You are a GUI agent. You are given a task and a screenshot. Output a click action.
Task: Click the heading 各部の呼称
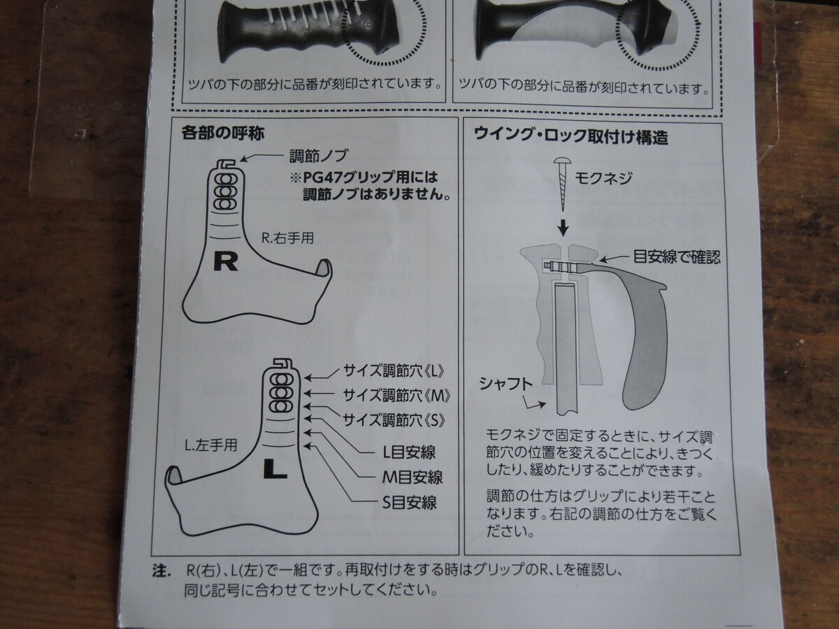point(222,133)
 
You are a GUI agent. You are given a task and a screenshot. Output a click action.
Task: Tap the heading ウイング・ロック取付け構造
point(571,136)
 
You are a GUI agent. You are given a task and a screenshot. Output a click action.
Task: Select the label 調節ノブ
point(319,155)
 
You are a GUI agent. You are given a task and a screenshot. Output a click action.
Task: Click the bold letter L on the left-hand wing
point(275,468)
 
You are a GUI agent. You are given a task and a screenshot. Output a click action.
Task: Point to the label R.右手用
point(287,238)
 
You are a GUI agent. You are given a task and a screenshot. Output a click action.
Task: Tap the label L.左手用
point(210,445)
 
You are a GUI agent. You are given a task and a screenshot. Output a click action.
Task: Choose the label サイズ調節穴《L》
point(394,371)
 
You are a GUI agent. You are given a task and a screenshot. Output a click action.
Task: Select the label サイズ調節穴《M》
point(396,396)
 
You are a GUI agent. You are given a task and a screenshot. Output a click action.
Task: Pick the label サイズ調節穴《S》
point(394,421)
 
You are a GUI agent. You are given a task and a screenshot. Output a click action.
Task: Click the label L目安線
point(409,453)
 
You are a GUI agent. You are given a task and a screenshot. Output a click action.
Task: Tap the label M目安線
point(412,477)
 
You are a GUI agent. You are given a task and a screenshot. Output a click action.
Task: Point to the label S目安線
point(410,503)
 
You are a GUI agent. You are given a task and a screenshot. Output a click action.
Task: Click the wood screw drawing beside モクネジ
point(563,184)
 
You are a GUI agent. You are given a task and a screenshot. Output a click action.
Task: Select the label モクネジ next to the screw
point(603,178)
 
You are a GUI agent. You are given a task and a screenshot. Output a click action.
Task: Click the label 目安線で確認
point(677,256)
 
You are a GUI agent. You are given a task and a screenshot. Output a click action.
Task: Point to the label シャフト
point(505,384)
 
